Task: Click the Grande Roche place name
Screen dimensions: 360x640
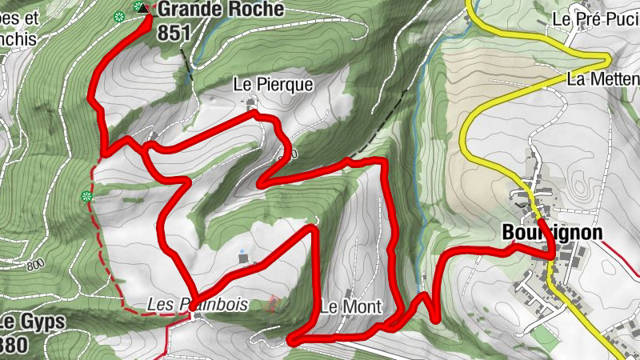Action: tap(220, 10)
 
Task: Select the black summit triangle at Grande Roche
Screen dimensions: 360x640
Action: tap(143, 8)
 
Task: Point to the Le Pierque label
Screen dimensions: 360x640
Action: tap(273, 84)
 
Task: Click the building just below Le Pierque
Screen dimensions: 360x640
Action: tap(252, 102)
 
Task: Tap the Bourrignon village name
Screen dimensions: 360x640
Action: tap(551, 233)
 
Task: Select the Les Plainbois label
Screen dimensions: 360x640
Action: tap(198, 305)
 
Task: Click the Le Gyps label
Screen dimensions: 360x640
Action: tap(32, 322)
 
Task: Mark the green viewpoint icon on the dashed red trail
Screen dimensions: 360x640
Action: tap(87, 196)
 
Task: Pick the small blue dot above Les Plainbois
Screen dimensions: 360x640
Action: tap(242, 251)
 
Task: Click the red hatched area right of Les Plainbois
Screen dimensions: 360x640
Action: tap(273, 303)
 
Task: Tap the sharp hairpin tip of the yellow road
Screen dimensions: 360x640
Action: tap(608, 59)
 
